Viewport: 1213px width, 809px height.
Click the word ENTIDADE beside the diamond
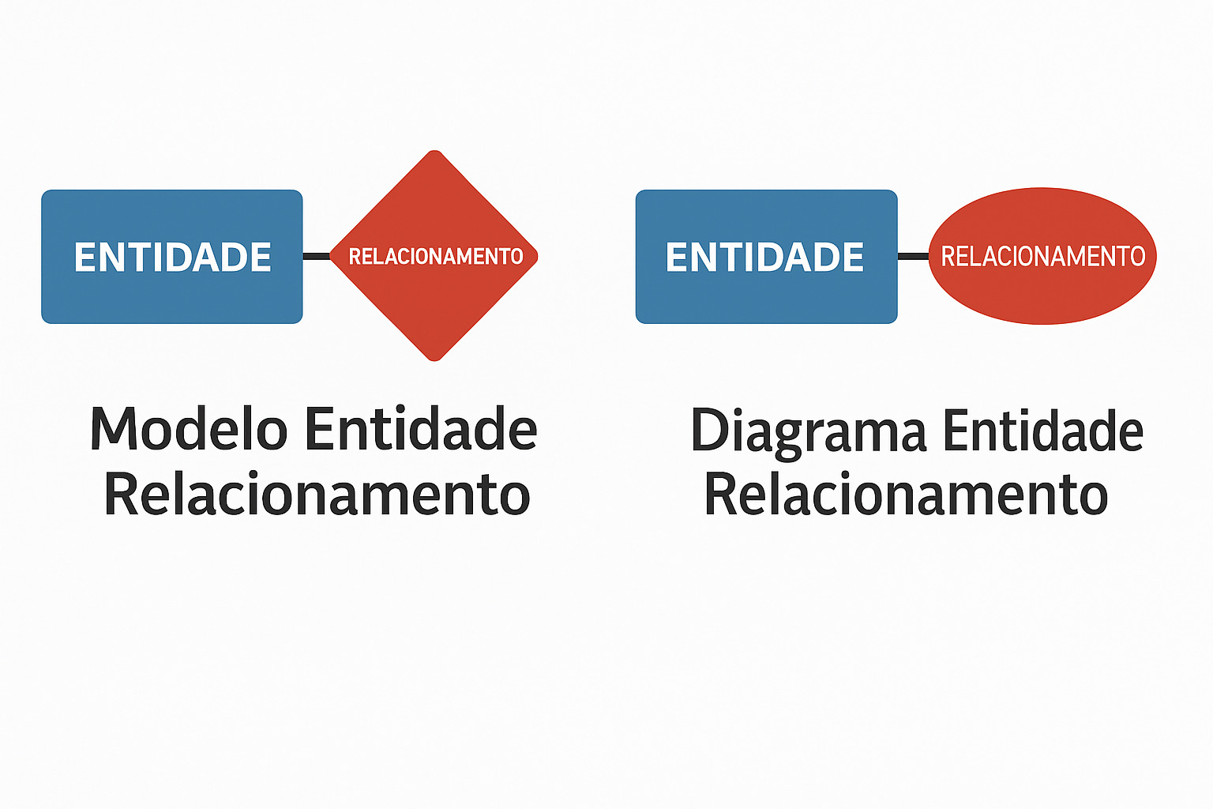(172, 257)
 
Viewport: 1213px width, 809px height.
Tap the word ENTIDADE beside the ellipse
(764, 257)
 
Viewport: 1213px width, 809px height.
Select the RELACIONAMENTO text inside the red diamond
(436, 256)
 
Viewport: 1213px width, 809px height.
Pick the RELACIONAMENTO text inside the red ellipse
(1042, 256)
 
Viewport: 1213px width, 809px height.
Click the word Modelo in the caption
(189, 430)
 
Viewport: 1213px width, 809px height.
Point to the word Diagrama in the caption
(809, 431)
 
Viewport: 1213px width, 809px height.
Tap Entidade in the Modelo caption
(420, 430)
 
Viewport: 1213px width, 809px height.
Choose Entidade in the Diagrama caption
(1042, 431)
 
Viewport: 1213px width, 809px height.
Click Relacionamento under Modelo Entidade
(317, 495)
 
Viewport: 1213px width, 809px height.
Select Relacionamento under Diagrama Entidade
(906, 495)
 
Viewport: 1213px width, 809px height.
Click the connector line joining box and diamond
(317, 256)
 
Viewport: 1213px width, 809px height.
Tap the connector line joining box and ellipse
(913, 256)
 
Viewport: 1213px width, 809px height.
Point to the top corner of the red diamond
(434, 152)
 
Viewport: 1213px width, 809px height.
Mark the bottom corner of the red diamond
(434, 359)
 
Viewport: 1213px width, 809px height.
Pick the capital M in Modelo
(111, 430)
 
